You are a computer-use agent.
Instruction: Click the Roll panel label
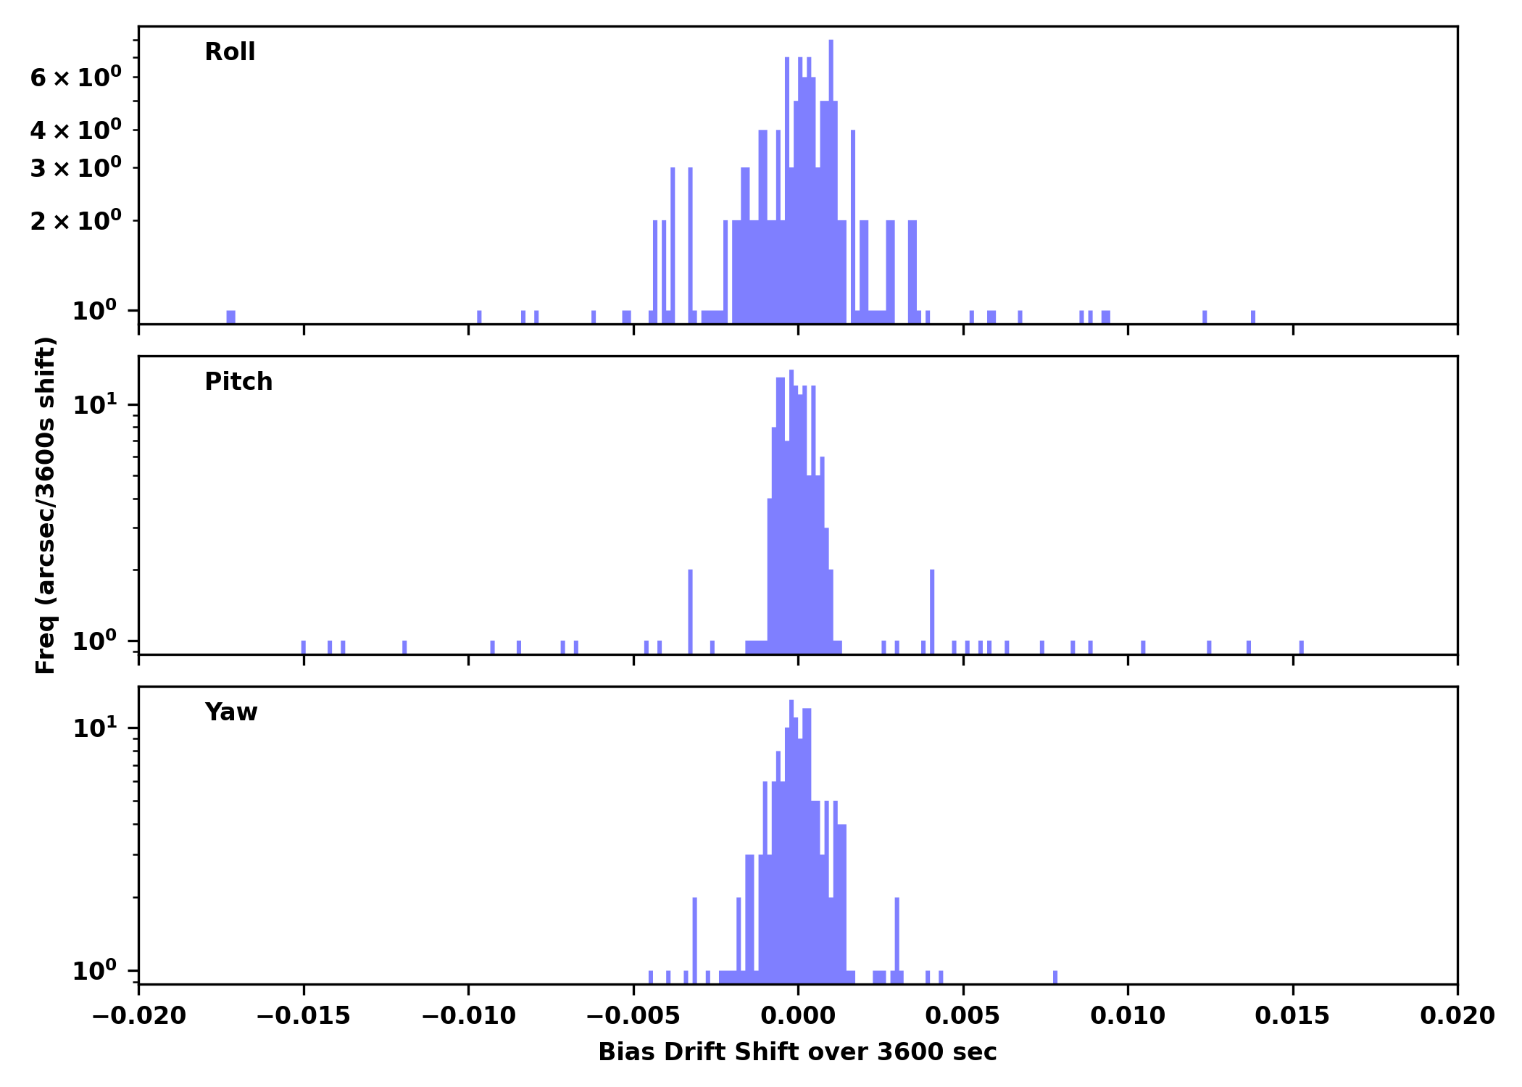[x=230, y=52]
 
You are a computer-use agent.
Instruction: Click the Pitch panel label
[x=238, y=382]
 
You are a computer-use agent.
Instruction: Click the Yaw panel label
[x=231, y=712]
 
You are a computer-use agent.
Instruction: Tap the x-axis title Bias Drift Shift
[x=797, y=1052]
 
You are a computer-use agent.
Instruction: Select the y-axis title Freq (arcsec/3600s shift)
[x=46, y=505]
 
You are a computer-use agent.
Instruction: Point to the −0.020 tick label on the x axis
[x=138, y=1016]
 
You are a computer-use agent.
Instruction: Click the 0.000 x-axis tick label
[x=798, y=1016]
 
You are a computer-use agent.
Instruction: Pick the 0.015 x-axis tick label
[x=1292, y=1016]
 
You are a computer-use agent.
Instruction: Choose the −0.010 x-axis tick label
[x=468, y=1016]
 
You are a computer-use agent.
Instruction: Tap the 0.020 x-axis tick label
[x=1457, y=1016]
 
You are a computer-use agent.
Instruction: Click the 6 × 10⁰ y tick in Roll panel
[x=76, y=78]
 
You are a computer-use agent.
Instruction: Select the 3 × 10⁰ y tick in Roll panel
[x=76, y=168]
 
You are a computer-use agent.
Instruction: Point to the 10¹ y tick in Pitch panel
[x=95, y=404]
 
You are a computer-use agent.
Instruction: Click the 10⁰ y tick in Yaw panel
[x=95, y=971]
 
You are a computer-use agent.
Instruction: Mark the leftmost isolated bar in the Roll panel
[x=230, y=317]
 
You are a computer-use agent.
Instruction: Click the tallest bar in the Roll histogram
[x=831, y=181]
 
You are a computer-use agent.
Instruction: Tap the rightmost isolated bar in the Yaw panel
[x=1055, y=977]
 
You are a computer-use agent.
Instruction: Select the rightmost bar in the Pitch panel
[x=1302, y=647]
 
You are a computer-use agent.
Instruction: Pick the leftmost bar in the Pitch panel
[x=304, y=647]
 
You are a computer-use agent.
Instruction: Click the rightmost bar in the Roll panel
[x=1253, y=317]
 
